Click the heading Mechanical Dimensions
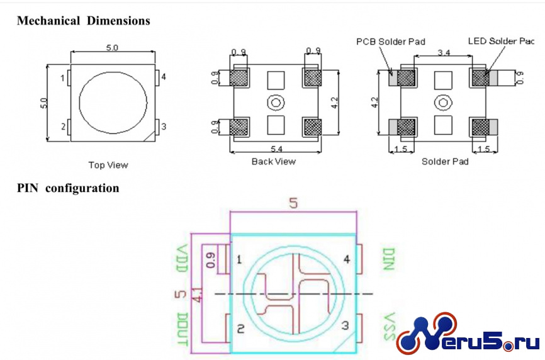(x=84, y=21)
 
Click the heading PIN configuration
(x=68, y=188)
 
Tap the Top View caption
(x=108, y=165)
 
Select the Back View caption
(x=274, y=162)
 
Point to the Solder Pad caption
(x=445, y=162)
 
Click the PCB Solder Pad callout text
(x=391, y=42)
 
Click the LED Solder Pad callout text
(x=501, y=41)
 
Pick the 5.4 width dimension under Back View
(x=276, y=149)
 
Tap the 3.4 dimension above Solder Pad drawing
(x=444, y=52)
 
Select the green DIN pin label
(x=388, y=259)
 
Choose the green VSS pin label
(x=390, y=326)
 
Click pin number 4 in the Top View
(x=164, y=77)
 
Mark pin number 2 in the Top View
(x=64, y=127)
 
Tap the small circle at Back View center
(x=276, y=103)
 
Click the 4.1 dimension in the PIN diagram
(x=198, y=294)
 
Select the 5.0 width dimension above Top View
(x=112, y=48)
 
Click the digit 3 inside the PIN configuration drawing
(x=345, y=325)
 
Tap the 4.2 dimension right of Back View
(x=334, y=103)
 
